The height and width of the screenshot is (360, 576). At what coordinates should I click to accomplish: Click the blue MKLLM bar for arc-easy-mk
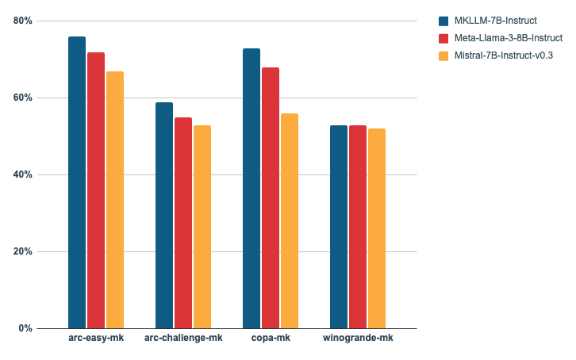coord(77,182)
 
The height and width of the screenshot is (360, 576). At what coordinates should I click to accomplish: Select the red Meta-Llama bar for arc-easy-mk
coord(96,190)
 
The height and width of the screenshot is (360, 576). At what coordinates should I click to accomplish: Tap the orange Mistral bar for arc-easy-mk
coord(115,200)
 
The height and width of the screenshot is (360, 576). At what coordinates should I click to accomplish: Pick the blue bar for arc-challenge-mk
coord(164,215)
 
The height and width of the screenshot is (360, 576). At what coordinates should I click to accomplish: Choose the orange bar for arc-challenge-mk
coord(202,227)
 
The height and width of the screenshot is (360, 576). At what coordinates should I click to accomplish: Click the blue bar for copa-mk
coord(252,188)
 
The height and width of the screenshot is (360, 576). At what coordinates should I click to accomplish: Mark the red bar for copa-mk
coord(271,197)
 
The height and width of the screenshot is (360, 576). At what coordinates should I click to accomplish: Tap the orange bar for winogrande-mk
coord(377,228)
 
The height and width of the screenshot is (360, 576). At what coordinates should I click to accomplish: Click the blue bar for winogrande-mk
coord(339,227)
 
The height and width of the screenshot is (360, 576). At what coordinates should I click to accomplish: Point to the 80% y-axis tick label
coord(23,21)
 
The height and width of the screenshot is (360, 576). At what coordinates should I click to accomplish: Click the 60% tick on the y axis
coord(23,98)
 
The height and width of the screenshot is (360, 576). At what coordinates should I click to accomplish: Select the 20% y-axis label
coord(23,251)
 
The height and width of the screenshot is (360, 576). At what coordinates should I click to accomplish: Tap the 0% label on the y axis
coord(25,328)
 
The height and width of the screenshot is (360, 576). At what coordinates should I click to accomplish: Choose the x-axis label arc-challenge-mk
coord(183,339)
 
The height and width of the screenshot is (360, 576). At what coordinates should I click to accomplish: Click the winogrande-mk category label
coord(358,339)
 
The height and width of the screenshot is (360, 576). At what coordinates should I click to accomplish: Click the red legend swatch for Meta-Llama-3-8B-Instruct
coord(444,38)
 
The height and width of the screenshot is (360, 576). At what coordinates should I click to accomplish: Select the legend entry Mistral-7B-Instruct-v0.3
coord(504,56)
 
